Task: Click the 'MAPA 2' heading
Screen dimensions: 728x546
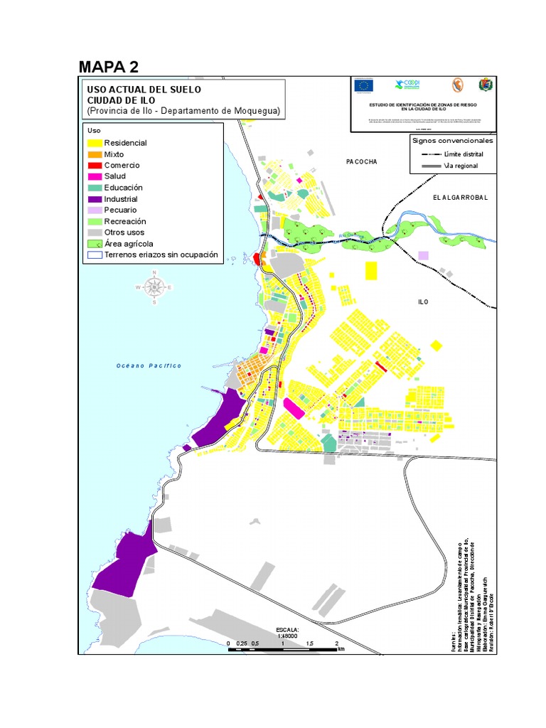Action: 108,67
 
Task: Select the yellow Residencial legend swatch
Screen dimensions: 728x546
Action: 95,143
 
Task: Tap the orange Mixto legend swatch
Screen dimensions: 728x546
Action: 95,154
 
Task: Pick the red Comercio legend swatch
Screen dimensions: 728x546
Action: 95,166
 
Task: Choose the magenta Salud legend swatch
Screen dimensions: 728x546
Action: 95,176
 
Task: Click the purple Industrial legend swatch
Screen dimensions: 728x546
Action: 95,199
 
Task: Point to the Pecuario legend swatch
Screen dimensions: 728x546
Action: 95,210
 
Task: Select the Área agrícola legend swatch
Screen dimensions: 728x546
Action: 95,244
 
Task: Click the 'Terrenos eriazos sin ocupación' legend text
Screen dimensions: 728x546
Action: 160,255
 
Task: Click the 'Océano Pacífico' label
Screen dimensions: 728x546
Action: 149,365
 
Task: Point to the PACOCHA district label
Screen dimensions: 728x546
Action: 361,162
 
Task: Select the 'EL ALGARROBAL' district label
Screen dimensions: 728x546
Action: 460,197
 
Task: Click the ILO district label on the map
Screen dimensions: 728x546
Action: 423,302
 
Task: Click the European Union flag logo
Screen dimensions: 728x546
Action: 365,86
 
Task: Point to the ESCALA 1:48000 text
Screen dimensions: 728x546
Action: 287,633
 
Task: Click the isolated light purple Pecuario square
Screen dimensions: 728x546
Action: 424,255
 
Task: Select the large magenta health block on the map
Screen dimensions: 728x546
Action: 294,409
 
